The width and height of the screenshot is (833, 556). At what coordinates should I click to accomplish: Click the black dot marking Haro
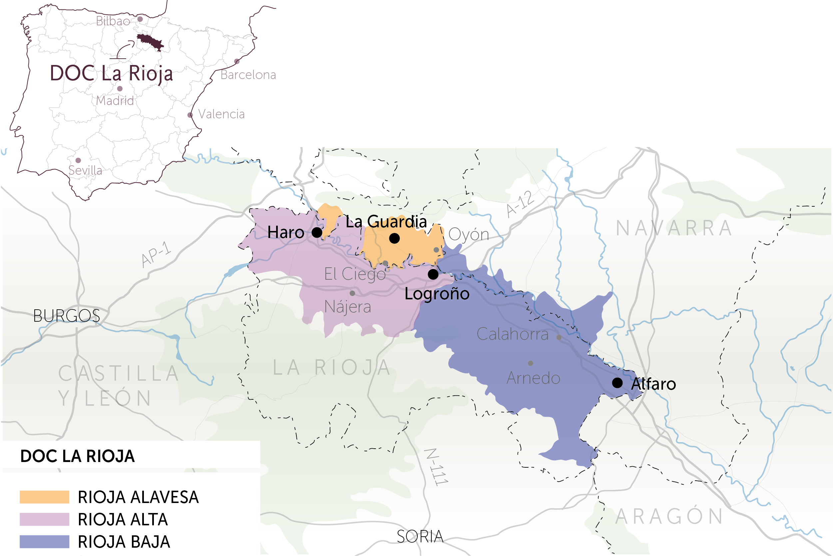tap(317, 233)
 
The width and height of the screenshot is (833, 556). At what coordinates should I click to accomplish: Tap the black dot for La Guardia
tap(394, 238)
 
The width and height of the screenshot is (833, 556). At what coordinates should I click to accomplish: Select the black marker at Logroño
tap(433, 274)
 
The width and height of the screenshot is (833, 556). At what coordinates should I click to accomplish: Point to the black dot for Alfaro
tap(617, 383)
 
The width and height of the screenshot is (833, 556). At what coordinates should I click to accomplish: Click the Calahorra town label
tap(512, 334)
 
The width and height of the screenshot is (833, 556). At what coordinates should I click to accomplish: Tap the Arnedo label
tap(533, 378)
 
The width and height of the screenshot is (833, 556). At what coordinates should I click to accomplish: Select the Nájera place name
tap(348, 307)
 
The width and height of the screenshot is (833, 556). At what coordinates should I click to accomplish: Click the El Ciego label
tap(355, 274)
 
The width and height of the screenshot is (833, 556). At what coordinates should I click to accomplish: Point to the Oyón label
tap(468, 234)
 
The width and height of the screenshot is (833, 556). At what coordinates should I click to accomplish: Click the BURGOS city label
tap(67, 316)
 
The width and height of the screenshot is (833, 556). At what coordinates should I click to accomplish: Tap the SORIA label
tap(420, 536)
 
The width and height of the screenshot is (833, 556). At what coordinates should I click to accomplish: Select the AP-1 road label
tap(156, 254)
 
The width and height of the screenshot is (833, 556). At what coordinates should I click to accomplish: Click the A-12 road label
tap(520, 204)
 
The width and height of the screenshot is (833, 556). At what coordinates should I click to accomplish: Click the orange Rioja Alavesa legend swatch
tap(44, 497)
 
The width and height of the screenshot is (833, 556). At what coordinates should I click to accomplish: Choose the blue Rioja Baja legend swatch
tap(44, 541)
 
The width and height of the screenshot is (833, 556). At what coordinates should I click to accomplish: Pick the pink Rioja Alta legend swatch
tap(44, 519)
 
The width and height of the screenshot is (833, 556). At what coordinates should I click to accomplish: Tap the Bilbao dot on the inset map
tap(140, 19)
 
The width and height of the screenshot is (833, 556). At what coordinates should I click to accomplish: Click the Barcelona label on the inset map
tap(248, 75)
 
